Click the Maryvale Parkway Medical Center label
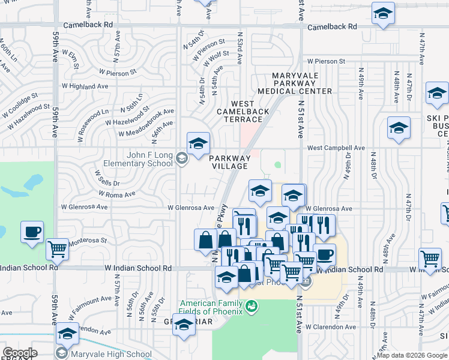pyautogui.click(x=294, y=83)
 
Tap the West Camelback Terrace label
pyautogui.click(x=243, y=112)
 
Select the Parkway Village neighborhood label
pyautogui.click(x=229, y=162)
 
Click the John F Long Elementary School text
pyautogui.click(x=142, y=159)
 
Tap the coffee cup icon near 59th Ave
pyautogui.click(x=32, y=232)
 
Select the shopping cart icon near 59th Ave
pyautogui.click(x=58, y=248)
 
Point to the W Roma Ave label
pyautogui.click(x=118, y=194)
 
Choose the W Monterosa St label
pyautogui.click(x=86, y=241)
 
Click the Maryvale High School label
pyautogui.click(x=111, y=354)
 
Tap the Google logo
pyautogui.click(x=20, y=353)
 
